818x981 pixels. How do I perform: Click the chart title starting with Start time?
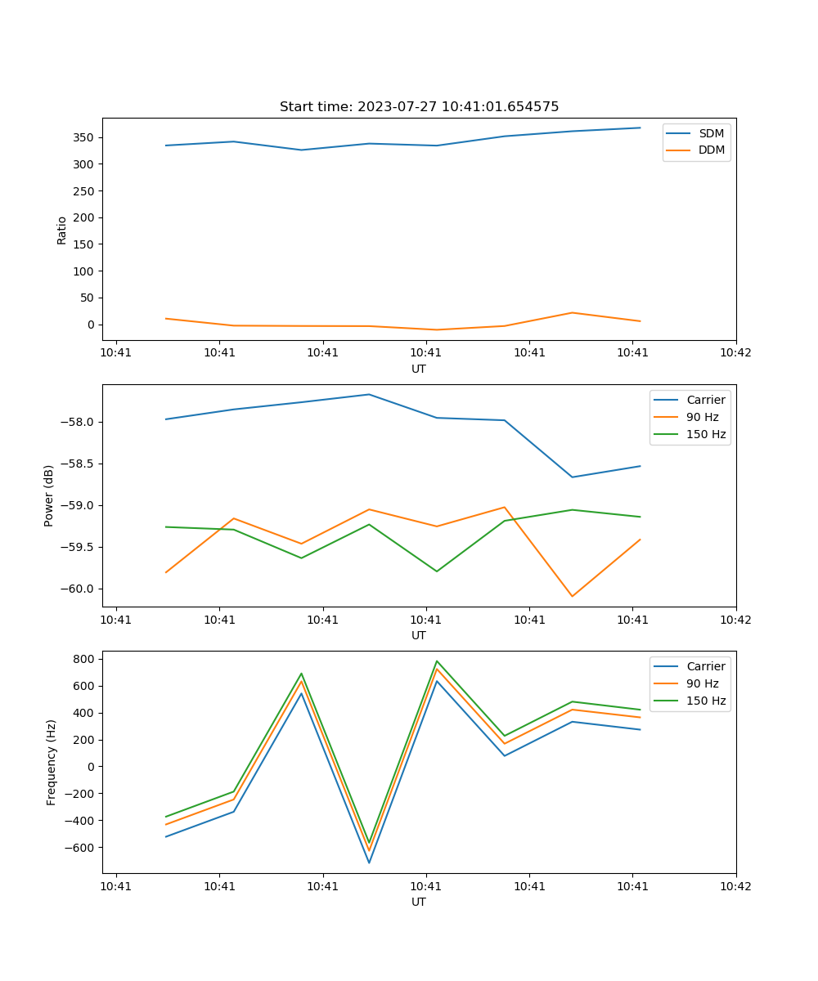[419, 107]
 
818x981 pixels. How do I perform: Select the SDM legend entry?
[711, 133]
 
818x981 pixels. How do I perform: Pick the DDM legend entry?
[711, 150]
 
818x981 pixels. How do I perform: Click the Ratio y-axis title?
[62, 230]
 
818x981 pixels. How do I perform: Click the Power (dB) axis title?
[49, 495]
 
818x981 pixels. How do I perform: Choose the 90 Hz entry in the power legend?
[702, 417]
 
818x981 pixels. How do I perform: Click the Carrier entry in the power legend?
[705, 400]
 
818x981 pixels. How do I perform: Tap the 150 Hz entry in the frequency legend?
[705, 701]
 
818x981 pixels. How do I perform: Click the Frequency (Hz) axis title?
[52, 762]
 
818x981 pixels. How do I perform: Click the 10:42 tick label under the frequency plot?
[735, 886]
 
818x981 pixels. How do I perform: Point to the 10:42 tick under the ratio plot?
[735, 353]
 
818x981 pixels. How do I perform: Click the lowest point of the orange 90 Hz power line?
[572, 596]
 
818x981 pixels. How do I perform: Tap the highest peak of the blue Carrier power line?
[369, 394]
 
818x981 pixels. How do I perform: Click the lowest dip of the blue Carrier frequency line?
[369, 862]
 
